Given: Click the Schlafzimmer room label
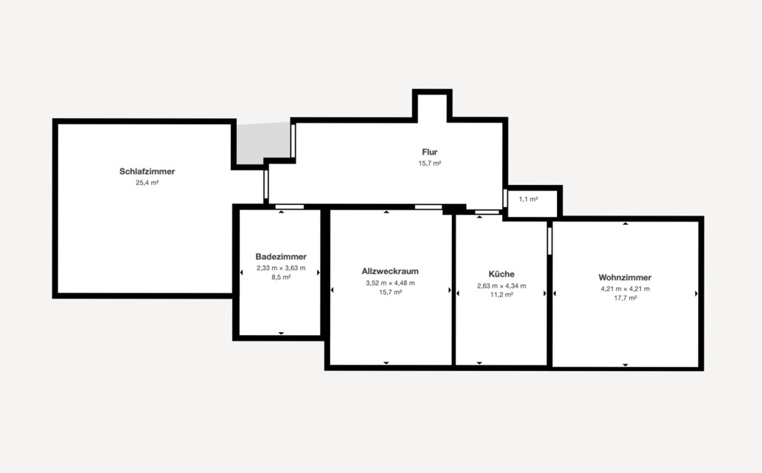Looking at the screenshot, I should coord(147,171).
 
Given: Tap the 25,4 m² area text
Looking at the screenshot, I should coord(147,183).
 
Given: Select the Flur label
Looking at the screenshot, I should coord(430,152).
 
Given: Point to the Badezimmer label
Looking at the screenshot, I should coord(281,257).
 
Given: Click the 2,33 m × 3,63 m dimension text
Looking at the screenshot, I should coord(281,268).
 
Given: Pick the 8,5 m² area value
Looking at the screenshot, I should coord(281,277).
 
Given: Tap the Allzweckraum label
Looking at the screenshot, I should coord(390,271).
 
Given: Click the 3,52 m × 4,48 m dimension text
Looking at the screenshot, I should coord(390,283).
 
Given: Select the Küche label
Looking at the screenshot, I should coord(501,274).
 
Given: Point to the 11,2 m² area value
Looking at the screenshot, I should coord(501,295).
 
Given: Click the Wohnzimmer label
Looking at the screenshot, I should coord(625,277).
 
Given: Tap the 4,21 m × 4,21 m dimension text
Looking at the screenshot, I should coord(625,289).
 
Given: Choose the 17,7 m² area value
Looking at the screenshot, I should coord(625,299).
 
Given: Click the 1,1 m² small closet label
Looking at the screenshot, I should coord(528,199).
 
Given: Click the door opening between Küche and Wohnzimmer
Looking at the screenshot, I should coord(549,240).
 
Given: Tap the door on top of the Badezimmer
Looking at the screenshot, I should coord(290,206).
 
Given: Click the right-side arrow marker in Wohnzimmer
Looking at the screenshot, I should coord(696,293).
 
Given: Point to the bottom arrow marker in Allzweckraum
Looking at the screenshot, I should coord(386,363).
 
